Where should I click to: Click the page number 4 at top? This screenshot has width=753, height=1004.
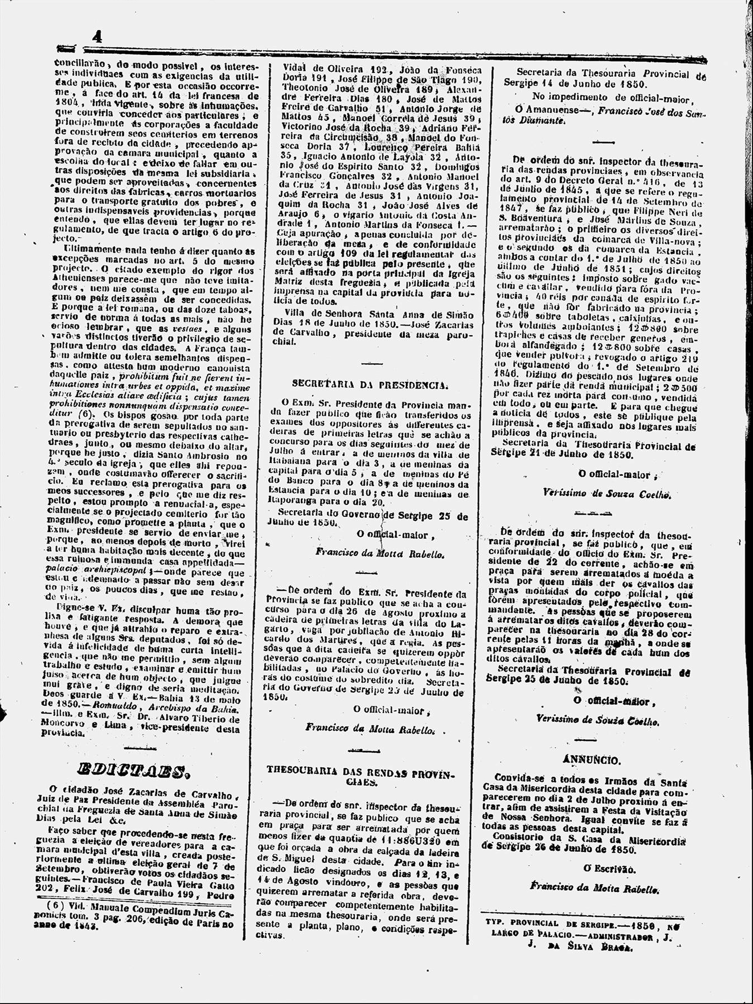(97, 37)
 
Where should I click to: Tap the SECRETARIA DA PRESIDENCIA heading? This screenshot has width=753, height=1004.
(369, 384)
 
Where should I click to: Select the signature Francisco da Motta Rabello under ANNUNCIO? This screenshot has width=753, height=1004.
(594, 888)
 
